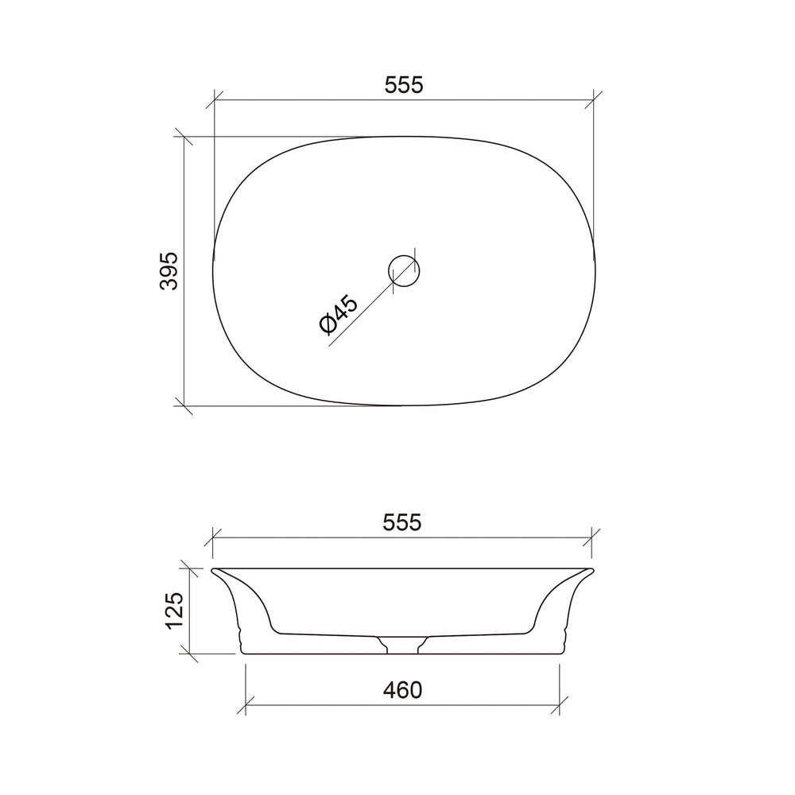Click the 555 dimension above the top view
[404, 85]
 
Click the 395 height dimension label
[169, 271]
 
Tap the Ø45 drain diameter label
[339, 314]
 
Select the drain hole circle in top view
[404, 271]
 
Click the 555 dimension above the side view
[402, 522]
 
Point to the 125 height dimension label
[175, 611]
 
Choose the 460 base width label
[402, 690]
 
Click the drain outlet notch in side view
[402, 645]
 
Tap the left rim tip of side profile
[212, 570]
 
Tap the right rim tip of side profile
[593, 570]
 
